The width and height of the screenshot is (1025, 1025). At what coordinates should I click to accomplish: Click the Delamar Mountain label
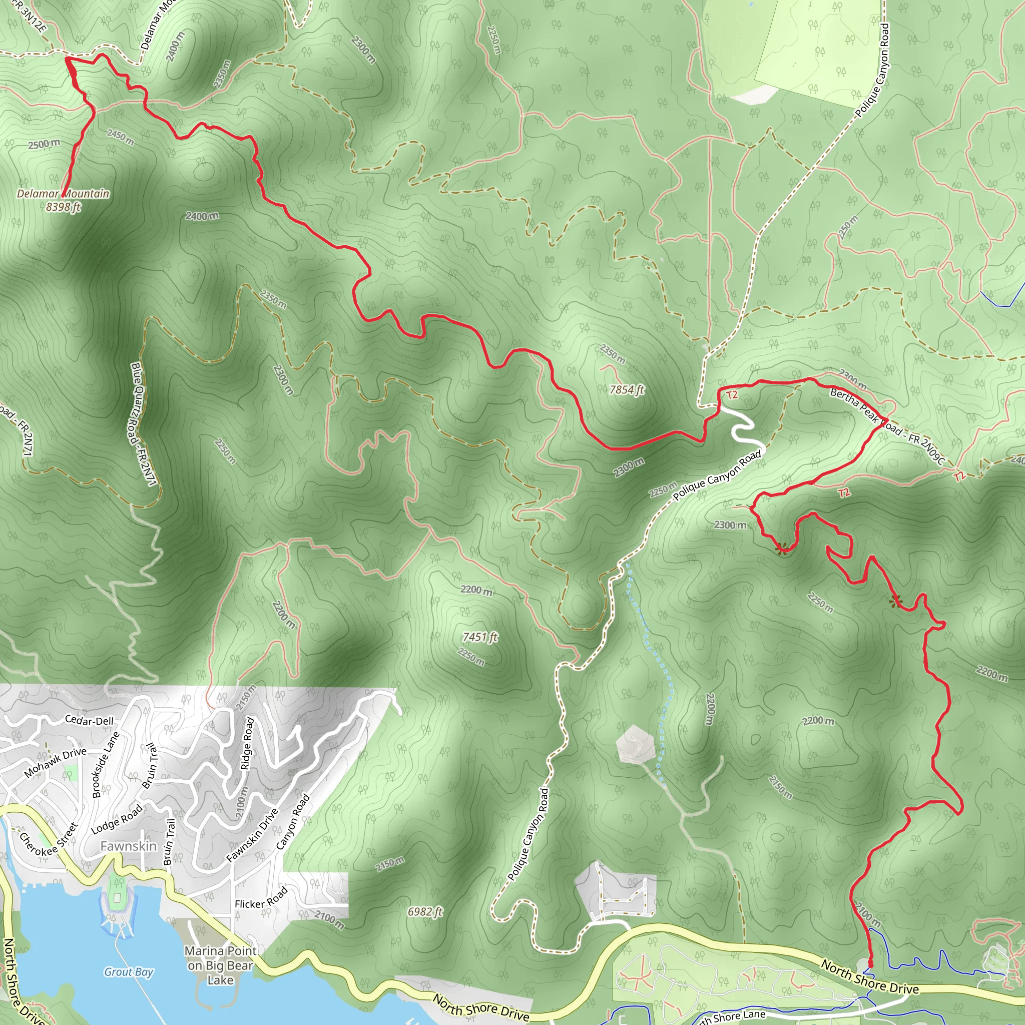63,194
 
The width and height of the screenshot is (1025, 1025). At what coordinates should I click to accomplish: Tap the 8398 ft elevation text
63,207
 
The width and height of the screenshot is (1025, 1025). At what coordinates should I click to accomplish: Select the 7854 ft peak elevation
627,390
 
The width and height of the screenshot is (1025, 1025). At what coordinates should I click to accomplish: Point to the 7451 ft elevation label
480,637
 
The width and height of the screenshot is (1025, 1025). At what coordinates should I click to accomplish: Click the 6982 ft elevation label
425,911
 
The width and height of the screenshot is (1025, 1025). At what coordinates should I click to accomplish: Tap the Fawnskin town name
129,846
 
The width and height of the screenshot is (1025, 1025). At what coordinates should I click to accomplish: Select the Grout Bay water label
129,971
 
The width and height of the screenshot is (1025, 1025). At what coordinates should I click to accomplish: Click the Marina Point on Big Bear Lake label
220,965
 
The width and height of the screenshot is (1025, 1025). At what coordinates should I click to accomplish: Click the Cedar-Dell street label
89,721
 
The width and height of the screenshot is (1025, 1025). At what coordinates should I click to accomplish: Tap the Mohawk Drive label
55,763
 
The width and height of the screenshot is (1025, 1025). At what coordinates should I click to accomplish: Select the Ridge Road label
248,743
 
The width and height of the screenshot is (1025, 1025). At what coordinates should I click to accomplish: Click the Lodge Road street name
117,820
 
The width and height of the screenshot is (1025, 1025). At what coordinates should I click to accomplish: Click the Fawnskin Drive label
252,835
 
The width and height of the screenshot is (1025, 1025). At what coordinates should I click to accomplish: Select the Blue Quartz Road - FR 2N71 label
143,424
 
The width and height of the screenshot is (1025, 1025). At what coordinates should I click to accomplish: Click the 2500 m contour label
44,144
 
